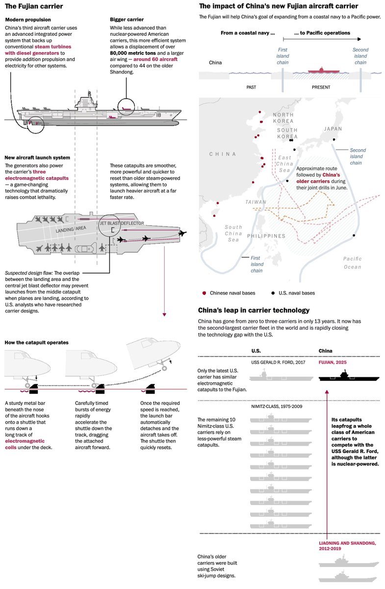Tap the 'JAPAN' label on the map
pos(333,129)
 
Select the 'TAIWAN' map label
pos(256,202)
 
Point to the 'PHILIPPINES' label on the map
pos(266,236)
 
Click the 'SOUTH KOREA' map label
pos(287,134)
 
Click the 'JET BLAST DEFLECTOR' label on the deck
pos(122,223)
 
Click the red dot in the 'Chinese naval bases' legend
pos(204,293)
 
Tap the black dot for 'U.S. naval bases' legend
pos(273,293)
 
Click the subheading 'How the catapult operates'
pos(36,342)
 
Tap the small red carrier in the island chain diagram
pos(322,70)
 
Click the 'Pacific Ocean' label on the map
pos(352,263)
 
